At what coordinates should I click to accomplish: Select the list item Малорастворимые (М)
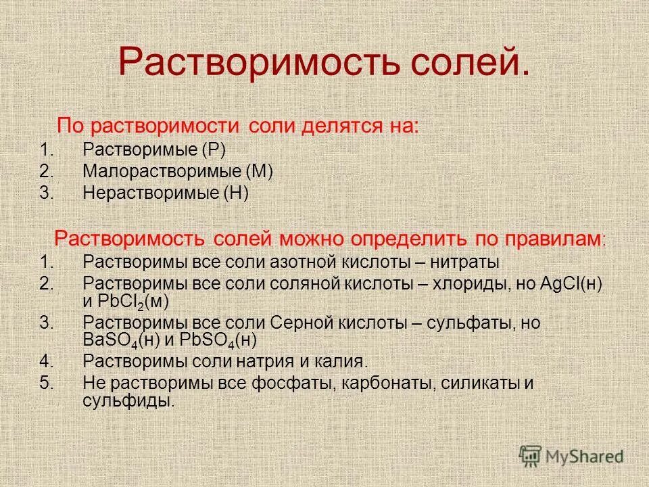tap(177, 171)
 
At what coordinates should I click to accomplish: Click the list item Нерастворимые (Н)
tap(166, 193)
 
